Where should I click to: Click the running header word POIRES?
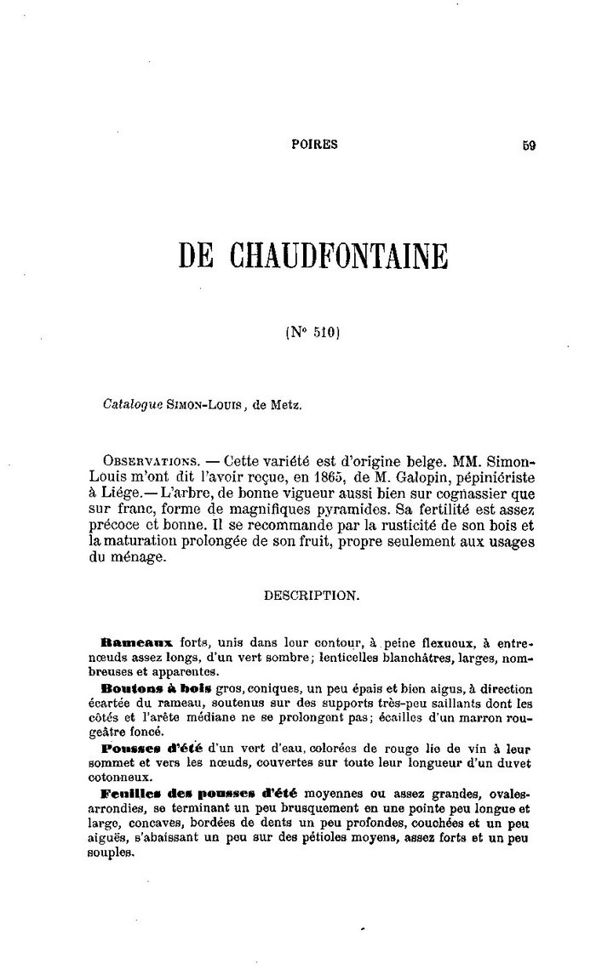[314, 145]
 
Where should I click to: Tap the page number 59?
[529, 145]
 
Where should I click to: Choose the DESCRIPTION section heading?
[312, 596]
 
